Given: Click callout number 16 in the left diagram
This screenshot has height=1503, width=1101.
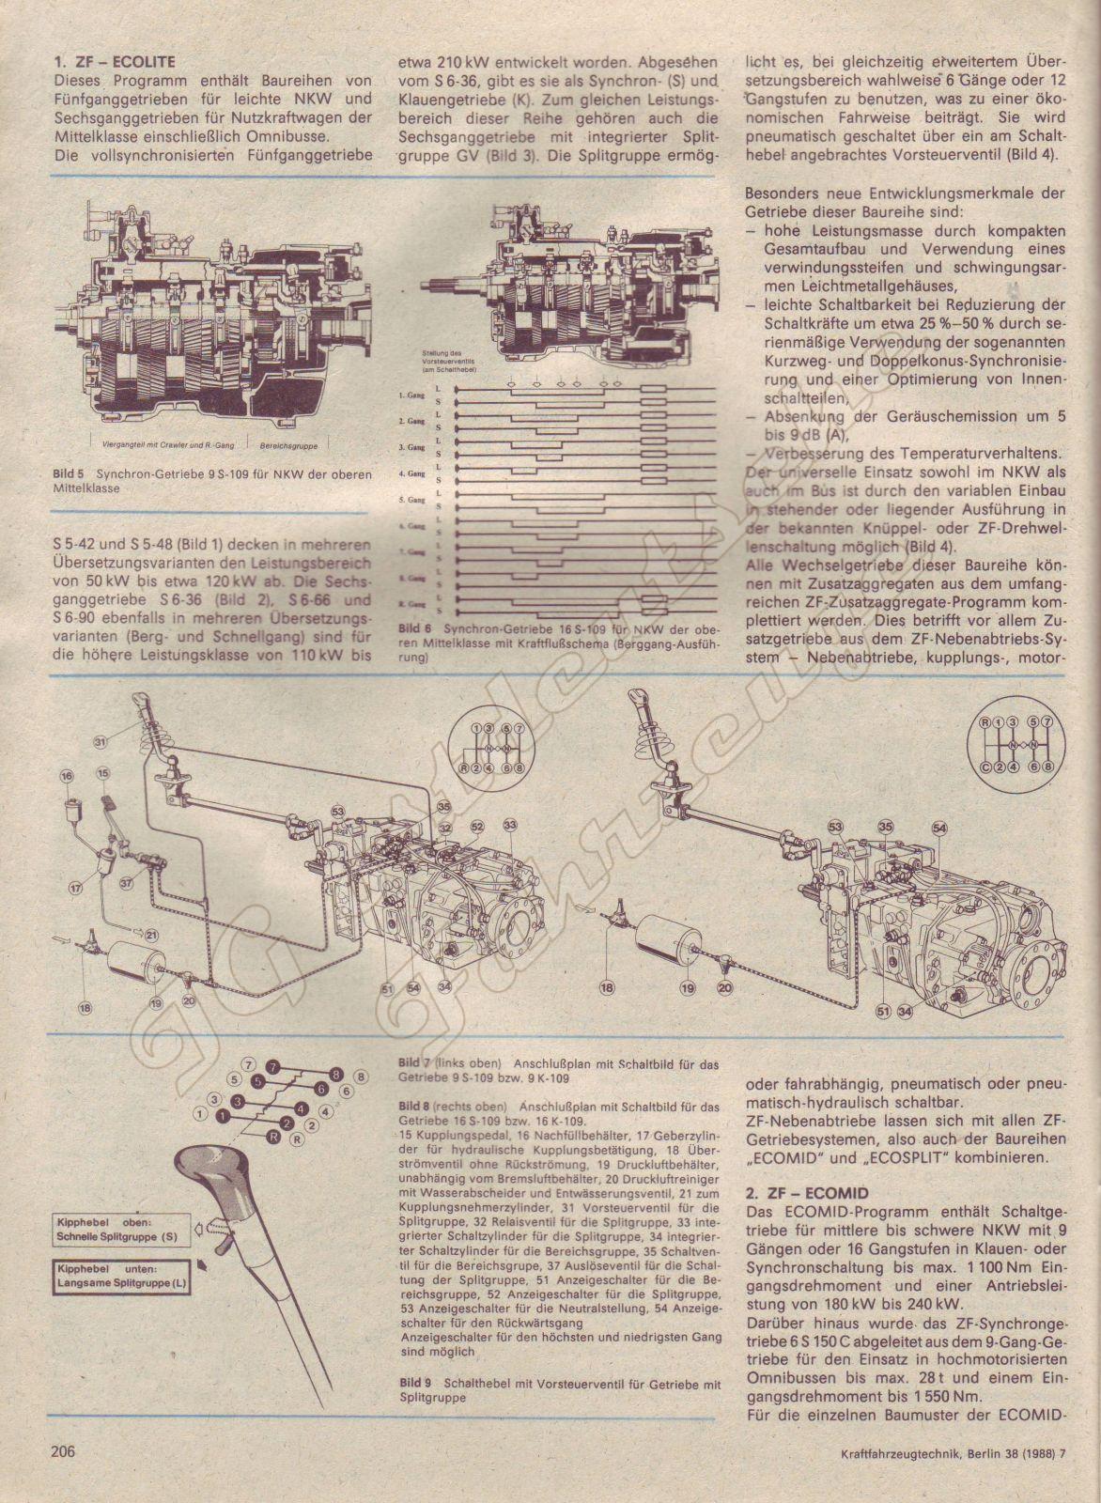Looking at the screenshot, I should tap(66, 777).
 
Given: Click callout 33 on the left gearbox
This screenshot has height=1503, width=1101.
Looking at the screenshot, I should tap(510, 824).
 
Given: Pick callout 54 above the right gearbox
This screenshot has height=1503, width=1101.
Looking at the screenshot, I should tap(939, 828).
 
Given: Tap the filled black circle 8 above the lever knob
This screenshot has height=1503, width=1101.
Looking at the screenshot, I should tap(333, 1074).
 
